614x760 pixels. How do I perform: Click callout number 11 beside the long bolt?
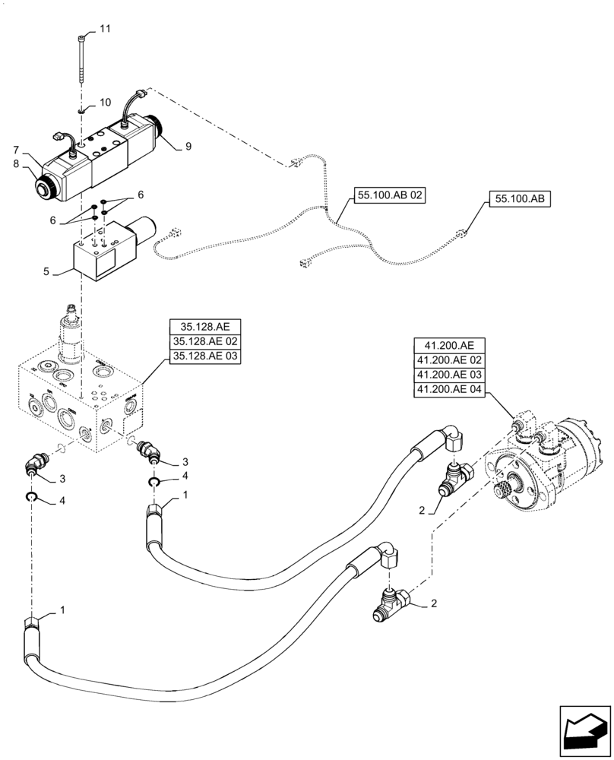pos(105,28)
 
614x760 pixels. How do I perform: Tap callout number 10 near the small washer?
pos(105,101)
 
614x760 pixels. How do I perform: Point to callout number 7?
pos(14,150)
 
